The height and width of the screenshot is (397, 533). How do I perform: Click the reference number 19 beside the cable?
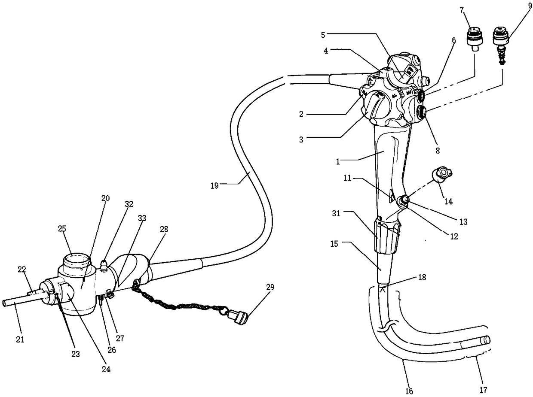coord(215,185)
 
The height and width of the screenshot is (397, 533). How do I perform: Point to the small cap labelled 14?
coord(442,174)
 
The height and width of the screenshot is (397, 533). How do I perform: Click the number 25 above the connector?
coord(62,228)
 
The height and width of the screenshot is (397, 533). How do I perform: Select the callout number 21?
coord(20,339)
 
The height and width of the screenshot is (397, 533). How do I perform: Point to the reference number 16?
coord(409,391)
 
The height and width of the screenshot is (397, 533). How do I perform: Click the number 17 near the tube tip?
coord(483,390)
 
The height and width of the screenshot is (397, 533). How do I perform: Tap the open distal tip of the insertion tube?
coord(486,340)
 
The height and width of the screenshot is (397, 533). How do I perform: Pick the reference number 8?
coord(437,151)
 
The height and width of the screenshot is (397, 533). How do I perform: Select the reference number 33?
coord(141,218)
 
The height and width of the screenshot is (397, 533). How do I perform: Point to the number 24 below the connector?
coord(106,369)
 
